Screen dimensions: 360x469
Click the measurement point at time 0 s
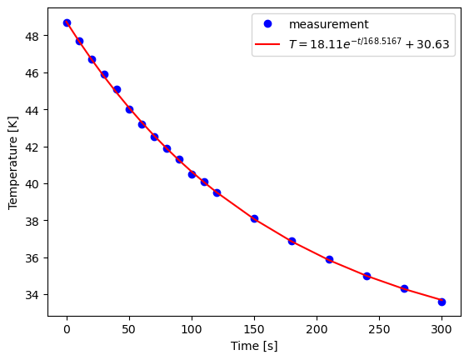(67, 22)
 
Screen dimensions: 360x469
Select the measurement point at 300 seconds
(442, 302)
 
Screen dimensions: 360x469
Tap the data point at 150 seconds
(254, 218)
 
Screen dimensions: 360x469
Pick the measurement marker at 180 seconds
(292, 241)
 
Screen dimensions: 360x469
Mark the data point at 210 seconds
(329, 259)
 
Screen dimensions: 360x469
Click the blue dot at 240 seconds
(367, 276)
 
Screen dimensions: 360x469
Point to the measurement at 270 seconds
(404, 288)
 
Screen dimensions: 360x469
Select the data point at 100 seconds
(192, 174)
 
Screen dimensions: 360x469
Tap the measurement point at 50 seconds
(129, 109)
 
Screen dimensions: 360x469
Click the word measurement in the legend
(328, 24)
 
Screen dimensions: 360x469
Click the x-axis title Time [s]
(254, 346)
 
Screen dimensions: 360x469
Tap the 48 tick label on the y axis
(35, 36)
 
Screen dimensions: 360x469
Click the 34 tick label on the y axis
(35, 295)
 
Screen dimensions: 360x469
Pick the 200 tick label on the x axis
(317, 327)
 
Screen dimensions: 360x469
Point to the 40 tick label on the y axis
(35, 184)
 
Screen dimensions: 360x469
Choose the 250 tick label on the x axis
(379, 327)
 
